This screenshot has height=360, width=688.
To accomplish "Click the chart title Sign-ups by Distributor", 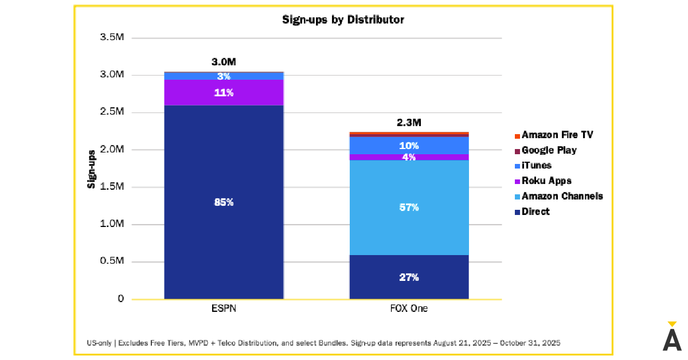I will point(343,19).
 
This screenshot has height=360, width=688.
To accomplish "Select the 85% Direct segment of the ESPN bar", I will point(224,202).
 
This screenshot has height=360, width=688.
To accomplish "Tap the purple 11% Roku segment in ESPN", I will point(224,92).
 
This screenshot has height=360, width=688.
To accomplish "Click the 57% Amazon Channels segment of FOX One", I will point(409,208).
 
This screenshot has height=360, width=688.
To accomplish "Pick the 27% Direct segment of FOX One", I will point(409,277).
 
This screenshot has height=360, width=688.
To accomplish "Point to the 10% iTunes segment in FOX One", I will point(409,146).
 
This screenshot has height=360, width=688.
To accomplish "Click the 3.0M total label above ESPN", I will point(224,62).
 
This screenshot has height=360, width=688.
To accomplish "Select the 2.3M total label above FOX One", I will point(409,123).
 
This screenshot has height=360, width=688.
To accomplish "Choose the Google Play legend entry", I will point(549,150).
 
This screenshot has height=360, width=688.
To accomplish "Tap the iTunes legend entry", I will point(536,166).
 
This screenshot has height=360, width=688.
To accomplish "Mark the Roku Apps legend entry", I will point(546,181).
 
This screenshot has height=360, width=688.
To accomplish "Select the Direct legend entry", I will point(535,212).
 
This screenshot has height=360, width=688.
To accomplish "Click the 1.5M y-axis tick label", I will point(111,187).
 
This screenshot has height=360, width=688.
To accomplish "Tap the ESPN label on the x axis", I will point(224,309).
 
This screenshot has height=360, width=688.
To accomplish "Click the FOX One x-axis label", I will point(409,309).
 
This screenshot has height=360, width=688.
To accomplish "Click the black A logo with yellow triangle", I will point(672,337).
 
